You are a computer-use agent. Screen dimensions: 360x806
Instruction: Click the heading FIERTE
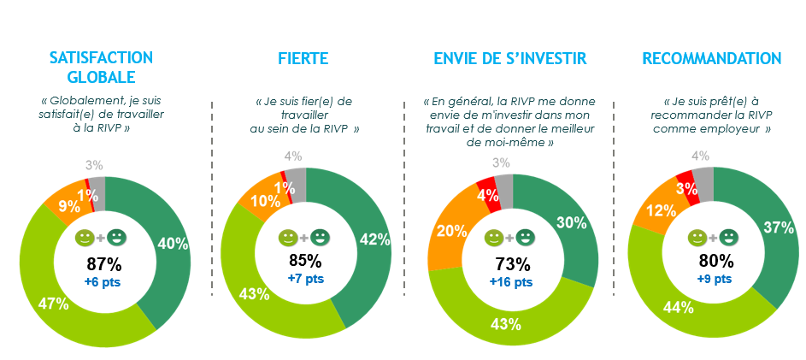tap(303, 59)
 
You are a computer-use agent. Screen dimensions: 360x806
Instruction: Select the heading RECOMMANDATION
tap(712, 59)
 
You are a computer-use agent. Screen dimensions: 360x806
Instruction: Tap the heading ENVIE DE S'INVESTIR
tap(509, 59)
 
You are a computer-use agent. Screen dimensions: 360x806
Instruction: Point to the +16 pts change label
tap(511, 281)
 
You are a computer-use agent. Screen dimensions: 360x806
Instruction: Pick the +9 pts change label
tap(712, 278)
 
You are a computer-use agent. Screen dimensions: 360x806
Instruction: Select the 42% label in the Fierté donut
tap(375, 239)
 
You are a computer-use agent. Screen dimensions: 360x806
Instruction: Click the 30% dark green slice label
tap(571, 222)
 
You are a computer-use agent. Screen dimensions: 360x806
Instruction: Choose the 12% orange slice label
tap(656, 210)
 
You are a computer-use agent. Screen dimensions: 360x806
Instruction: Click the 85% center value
tap(305, 260)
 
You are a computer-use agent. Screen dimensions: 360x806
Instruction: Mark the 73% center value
tap(511, 263)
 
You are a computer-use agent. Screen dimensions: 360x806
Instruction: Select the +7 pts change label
tap(305, 278)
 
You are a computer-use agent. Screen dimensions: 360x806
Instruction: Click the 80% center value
tap(712, 261)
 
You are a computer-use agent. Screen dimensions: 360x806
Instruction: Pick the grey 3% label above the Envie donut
tap(502, 162)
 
